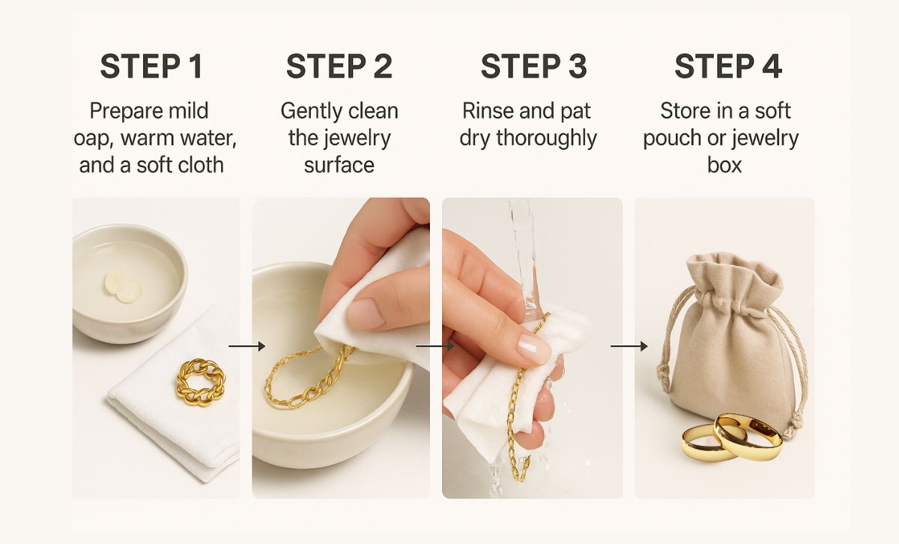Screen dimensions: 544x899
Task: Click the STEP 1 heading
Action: point(151,67)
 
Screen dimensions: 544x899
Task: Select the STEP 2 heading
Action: point(339,67)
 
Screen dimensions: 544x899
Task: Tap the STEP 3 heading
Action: point(533,67)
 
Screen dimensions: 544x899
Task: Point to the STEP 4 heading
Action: point(727,67)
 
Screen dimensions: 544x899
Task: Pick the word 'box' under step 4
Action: point(724,165)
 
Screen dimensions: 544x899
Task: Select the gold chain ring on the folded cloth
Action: point(201,381)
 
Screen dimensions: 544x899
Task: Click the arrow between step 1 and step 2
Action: point(246,345)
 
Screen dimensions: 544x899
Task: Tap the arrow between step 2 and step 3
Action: point(435,345)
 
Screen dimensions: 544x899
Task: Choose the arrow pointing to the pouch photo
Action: point(629,345)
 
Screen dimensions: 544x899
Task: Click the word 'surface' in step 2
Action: point(339,165)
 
